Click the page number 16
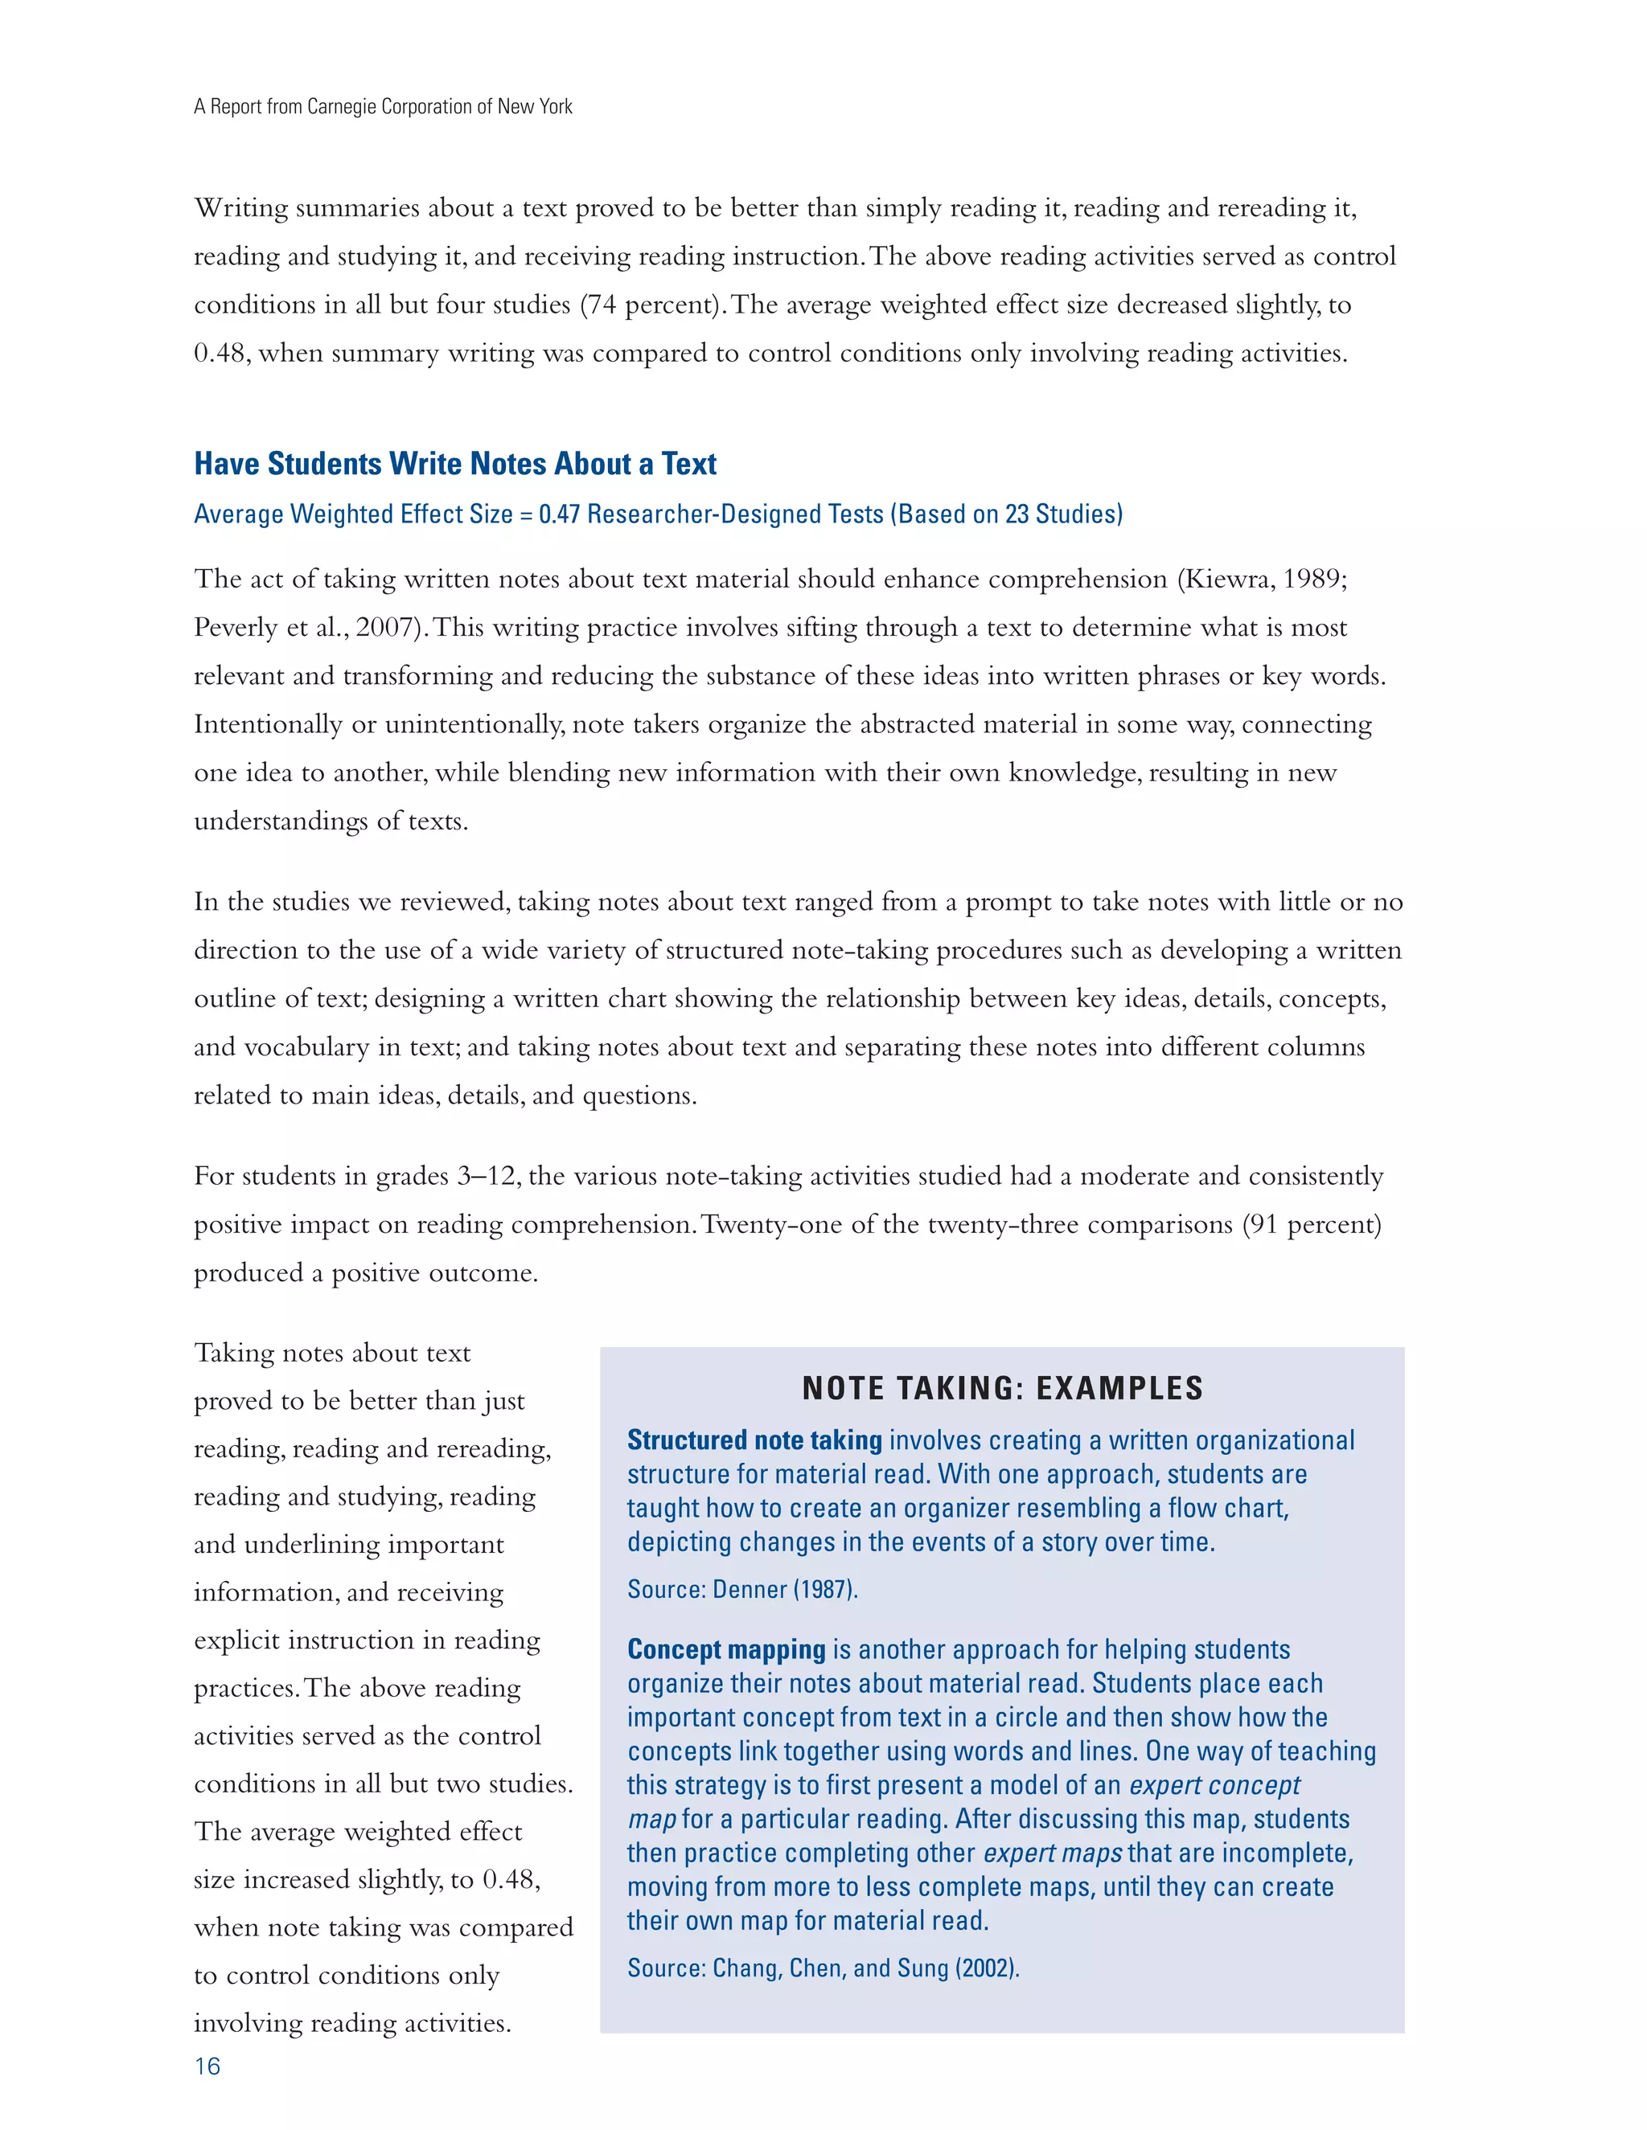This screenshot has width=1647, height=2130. pos(207,2066)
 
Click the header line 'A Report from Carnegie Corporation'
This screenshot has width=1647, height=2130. pos(383,106)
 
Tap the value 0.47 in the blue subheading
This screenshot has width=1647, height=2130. pos(559,514)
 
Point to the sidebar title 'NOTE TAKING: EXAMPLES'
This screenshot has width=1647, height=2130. pos(1002,1388)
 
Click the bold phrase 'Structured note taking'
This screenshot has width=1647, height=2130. pos(754,1440)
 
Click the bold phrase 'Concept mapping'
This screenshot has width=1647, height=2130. pos(726,1649)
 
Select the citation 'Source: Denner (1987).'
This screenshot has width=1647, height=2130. pos(742,1590)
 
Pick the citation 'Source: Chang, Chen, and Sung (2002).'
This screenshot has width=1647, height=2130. pos(823,1968)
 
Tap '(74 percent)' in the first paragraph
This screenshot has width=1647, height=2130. pos(650,305)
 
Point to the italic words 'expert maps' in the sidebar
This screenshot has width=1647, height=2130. pos(1052,1853)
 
